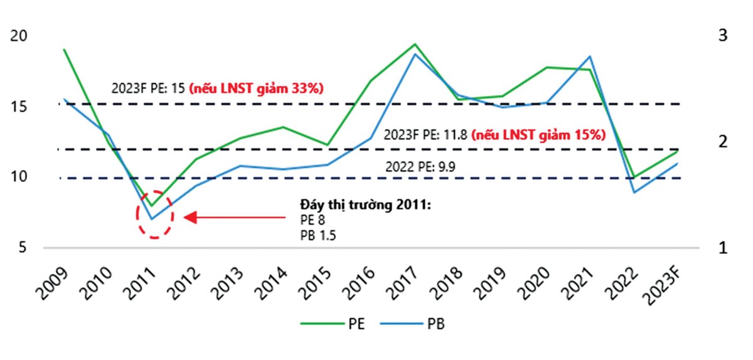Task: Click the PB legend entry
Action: (x=421, y=324)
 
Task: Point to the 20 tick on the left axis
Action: (x=19, y=36)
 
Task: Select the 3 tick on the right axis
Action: (x=722, y=36)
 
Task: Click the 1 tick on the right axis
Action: (x=722, y=247)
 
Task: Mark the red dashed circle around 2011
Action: (x=154, y=214)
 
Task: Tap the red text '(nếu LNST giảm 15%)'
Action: (x=538, y=134)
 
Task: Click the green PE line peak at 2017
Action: (x=415, y=44)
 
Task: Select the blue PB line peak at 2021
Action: (x=590, y=56)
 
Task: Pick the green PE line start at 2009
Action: (x=64, y=50)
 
